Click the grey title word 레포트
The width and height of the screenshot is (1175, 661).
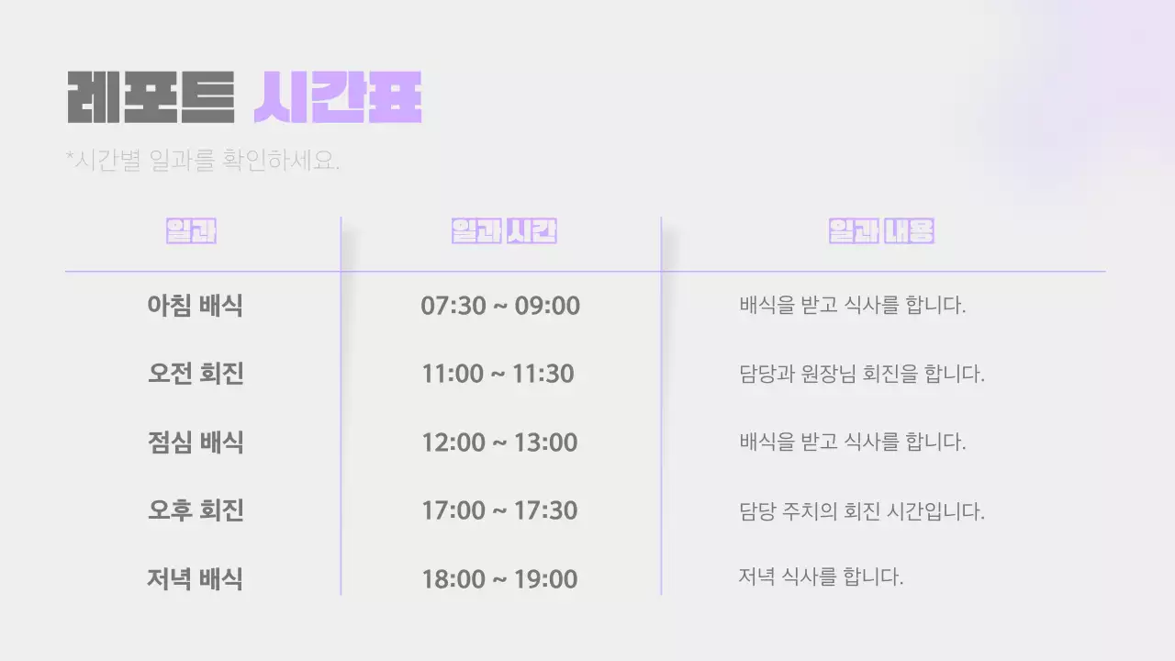(x=151, y=96)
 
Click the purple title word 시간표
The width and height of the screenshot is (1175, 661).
(x=337, y=96)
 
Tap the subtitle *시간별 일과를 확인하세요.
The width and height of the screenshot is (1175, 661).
(x=203, y=161)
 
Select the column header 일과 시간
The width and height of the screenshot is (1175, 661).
(x=504, y=231)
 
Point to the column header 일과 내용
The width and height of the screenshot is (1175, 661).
(x=880, y=231)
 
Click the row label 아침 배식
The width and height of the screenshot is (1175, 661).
(x=195, y=306)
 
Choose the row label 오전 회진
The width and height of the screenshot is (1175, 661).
(x=195, y=375)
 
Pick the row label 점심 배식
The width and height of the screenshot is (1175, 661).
(x=195, y=443)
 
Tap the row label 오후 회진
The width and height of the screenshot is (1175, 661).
(x=195, y=510)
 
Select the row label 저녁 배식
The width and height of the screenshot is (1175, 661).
(x=195, y=579)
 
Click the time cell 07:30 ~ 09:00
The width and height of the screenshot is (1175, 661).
(x=500, y=306)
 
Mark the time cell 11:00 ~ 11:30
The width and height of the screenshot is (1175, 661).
(x=498, y=375)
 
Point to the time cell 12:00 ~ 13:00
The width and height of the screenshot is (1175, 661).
(x=499, y=443)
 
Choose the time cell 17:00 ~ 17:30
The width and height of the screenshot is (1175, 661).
(x=499, y=510)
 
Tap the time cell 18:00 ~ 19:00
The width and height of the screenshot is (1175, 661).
(x=499, y=579)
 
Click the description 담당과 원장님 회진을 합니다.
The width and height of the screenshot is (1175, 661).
(x=861, y=375)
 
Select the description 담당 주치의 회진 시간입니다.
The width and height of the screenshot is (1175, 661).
(x=861, y=510)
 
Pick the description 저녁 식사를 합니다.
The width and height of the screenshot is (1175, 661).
(x=821, y=577)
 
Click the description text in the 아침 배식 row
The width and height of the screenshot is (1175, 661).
(x=852, y=306)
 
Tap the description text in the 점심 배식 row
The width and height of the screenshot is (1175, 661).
(x=852, y=443)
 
